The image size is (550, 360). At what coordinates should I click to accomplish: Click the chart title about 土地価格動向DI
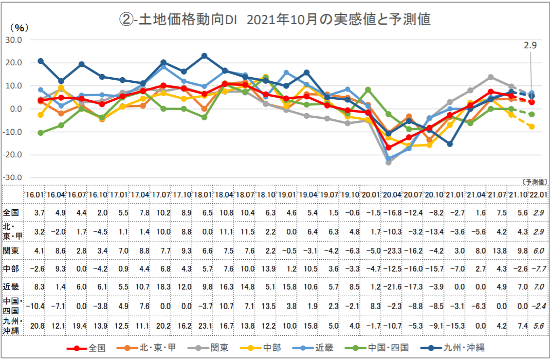click(275, 19)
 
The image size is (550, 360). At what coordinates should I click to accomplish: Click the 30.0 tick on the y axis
click(14, 40)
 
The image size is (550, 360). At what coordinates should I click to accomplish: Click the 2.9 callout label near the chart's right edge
click(530, 46)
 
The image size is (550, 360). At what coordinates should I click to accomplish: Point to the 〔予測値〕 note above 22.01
click(534, 182)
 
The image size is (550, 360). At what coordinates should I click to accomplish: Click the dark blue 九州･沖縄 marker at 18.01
click(205, 56)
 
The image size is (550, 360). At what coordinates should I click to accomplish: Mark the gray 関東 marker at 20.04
click(389, 162)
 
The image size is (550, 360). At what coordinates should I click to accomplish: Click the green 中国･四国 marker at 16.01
click(41, 133)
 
